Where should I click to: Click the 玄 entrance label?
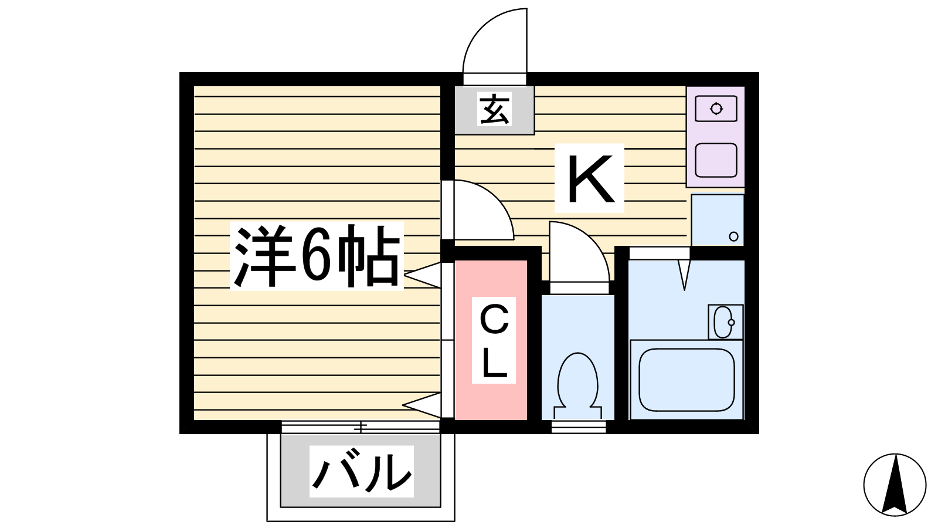[495, 109]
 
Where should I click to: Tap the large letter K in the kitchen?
[590, 178]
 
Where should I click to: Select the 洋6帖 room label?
[317, 256]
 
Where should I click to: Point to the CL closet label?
[494, 340]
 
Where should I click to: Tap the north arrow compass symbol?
[895, 485]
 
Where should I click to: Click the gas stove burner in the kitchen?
[716, 109]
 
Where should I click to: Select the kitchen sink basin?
[716, 160]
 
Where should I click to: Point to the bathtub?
[686, 380]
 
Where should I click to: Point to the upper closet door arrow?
[423, 275]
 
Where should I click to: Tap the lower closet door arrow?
[422, 405]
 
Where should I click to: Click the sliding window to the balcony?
[361, 427]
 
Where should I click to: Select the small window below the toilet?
[579, 427]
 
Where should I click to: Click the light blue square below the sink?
[718, 219]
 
